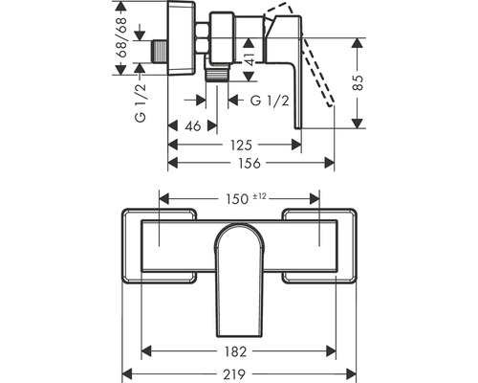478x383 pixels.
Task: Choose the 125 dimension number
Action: click(x=240, y=145)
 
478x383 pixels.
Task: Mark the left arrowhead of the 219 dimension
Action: click(x=125, y=373)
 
